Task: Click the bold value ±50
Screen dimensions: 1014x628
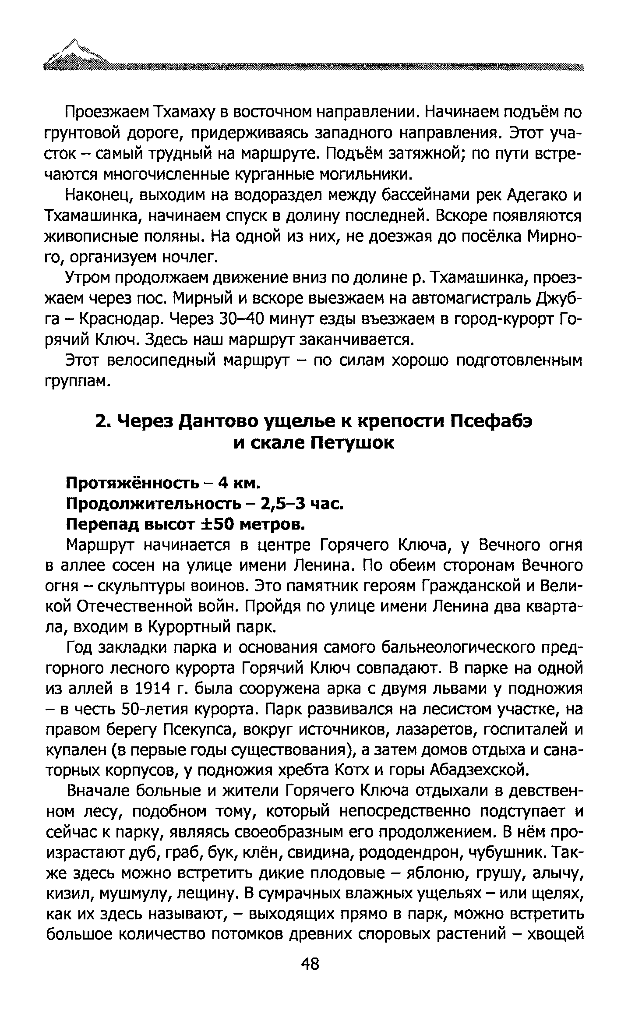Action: pyautogui.click(x=217, y=524)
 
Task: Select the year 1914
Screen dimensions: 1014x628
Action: pyautogui.click(x=153, y=689)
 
